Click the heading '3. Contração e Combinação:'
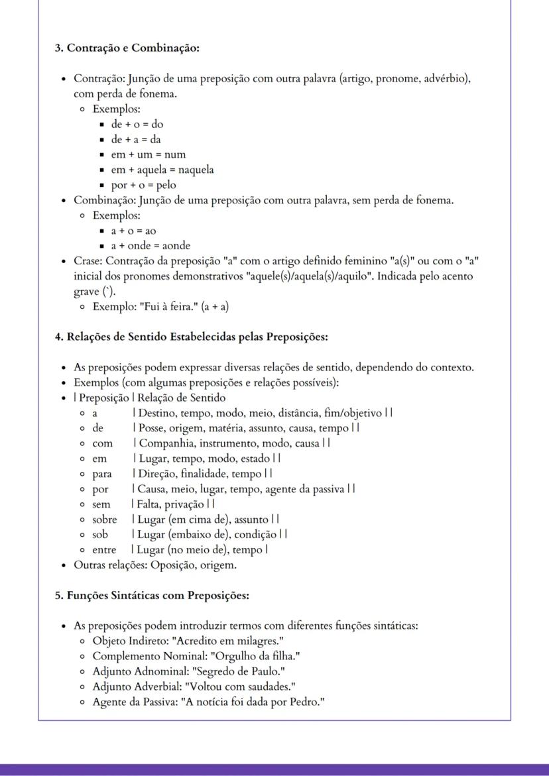(x=127, y=48)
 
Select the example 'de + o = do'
(x=137, y=124)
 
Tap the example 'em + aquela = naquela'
(x=162, y=170)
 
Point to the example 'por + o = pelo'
(x=143, y=185)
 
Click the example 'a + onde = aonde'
(x=151, y=245)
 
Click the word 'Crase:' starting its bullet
(x=88, y=260)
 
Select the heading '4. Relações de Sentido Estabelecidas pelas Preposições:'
(x=191, y=336)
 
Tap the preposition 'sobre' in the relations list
(x=105, y=519)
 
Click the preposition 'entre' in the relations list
(x=104, y=549)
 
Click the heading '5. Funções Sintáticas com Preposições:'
(x=151, y=595)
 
